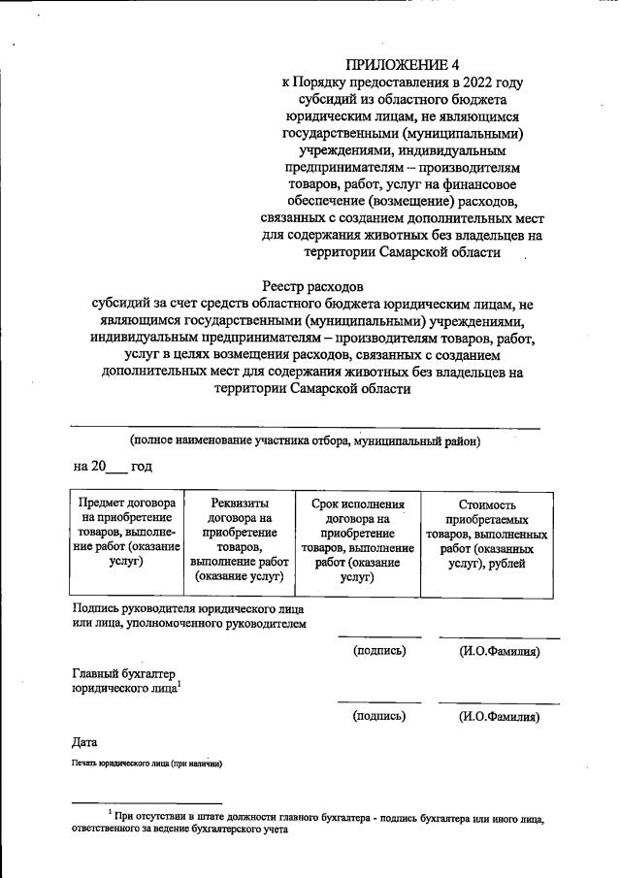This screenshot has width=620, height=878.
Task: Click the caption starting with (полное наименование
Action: (x=306, y=441)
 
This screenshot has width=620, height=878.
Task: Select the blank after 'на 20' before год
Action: (x=116, y=470)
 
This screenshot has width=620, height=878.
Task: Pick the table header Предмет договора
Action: (x=127, y=504)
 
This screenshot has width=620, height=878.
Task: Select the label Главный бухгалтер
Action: (x=127, y=673)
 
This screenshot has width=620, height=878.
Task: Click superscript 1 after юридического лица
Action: (x=179, y=684)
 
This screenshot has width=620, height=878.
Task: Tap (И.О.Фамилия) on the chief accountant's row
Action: (x=499, y=717)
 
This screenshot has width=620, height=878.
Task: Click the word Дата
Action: (x=85, y=742)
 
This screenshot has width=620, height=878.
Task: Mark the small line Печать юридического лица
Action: (x=147, y=764)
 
